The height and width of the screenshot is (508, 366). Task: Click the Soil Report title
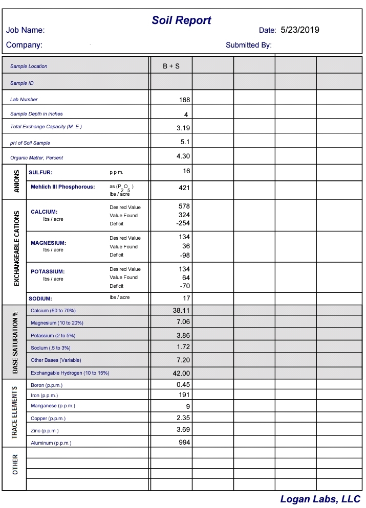coord(181,20)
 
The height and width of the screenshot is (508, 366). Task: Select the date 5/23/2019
coord(299,30)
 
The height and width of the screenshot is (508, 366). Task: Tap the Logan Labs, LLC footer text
coord(320,499)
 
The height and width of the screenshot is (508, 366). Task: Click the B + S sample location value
coord(171,66)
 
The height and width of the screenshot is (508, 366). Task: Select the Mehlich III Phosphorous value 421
coord(184,188)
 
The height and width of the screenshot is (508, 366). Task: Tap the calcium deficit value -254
coord(183,223)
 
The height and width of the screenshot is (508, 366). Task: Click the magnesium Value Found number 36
coord(186,246)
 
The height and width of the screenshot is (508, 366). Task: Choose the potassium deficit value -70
coord(185,286)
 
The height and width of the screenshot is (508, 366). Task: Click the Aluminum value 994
coord(184,442)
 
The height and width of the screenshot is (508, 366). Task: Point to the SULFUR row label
coord(40,173)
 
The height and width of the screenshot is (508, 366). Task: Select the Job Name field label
coord(26,31)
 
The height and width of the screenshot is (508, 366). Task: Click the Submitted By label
coord(248,45)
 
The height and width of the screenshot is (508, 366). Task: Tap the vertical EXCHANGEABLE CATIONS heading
coord(16,248)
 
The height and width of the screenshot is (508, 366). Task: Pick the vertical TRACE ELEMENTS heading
coord(15,412)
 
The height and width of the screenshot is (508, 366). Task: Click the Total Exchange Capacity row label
coord(46,127)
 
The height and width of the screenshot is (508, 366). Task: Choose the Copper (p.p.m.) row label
coord(48,419)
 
